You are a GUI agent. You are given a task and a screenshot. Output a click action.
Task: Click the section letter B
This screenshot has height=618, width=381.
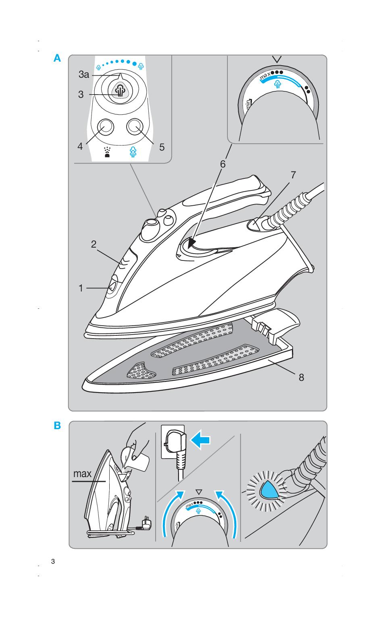(x=57, y=425)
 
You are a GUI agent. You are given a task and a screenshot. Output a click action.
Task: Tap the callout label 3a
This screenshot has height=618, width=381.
(x=84, y=75)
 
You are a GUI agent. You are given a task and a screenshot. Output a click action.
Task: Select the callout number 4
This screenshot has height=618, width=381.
(x=80, y=146)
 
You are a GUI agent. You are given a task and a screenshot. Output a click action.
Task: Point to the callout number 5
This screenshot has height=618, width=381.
(x=162, y=147)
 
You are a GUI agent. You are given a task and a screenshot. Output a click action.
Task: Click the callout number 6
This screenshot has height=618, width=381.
(x=223, y=164)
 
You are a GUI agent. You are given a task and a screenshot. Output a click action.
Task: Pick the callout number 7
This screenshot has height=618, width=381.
(x=293, y=175)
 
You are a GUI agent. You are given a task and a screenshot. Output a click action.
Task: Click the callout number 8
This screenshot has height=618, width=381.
(x=301, y=377)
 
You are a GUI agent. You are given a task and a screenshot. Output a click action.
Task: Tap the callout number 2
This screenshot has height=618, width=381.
(x=94, y=244)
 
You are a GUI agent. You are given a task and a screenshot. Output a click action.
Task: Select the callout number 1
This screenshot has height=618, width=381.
(x=81, y=288)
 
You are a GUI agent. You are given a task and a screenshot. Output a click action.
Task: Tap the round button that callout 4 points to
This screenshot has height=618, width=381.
(x=105, y=127)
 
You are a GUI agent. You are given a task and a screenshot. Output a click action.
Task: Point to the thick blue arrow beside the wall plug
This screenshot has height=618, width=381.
(x=201, y=442)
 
